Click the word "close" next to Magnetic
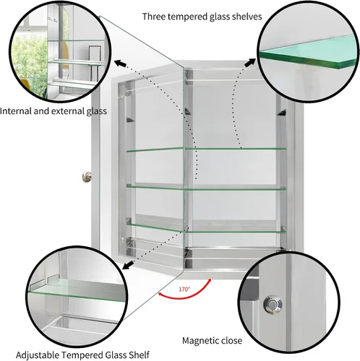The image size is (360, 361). click(x=231, y=341)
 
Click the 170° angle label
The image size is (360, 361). click(x=184, y=289)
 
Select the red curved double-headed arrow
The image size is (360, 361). click(x=183, y=297)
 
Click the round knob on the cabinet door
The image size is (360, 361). click(x=87, y=177)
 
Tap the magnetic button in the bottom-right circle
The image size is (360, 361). click(x=273, y=305)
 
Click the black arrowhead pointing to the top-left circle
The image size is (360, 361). click(x=120, y=64)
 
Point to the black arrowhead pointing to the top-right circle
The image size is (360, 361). click(x=251, y=63)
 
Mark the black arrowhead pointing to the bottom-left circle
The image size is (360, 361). click(x=128, y=266)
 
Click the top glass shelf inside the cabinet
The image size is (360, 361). click(x=206, y=149)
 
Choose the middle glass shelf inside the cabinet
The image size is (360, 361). click(x=206, y=188)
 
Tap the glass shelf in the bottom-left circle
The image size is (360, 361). click(x=77, y=290)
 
